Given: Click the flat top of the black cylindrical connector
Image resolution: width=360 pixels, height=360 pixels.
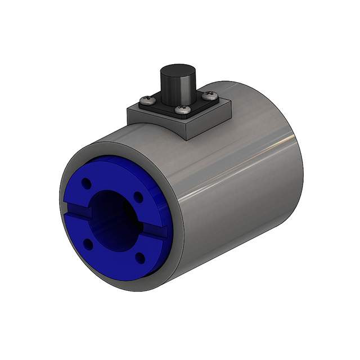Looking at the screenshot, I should pos(177,71).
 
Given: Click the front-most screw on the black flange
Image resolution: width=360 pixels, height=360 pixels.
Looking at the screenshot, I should pos(181,110).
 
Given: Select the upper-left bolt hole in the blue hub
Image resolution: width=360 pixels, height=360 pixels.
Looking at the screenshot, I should pos(86,183).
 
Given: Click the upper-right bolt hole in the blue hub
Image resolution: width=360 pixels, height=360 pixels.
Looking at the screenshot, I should pos(137,196).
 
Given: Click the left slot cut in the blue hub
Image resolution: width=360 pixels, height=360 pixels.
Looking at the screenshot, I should pos(79,212).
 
